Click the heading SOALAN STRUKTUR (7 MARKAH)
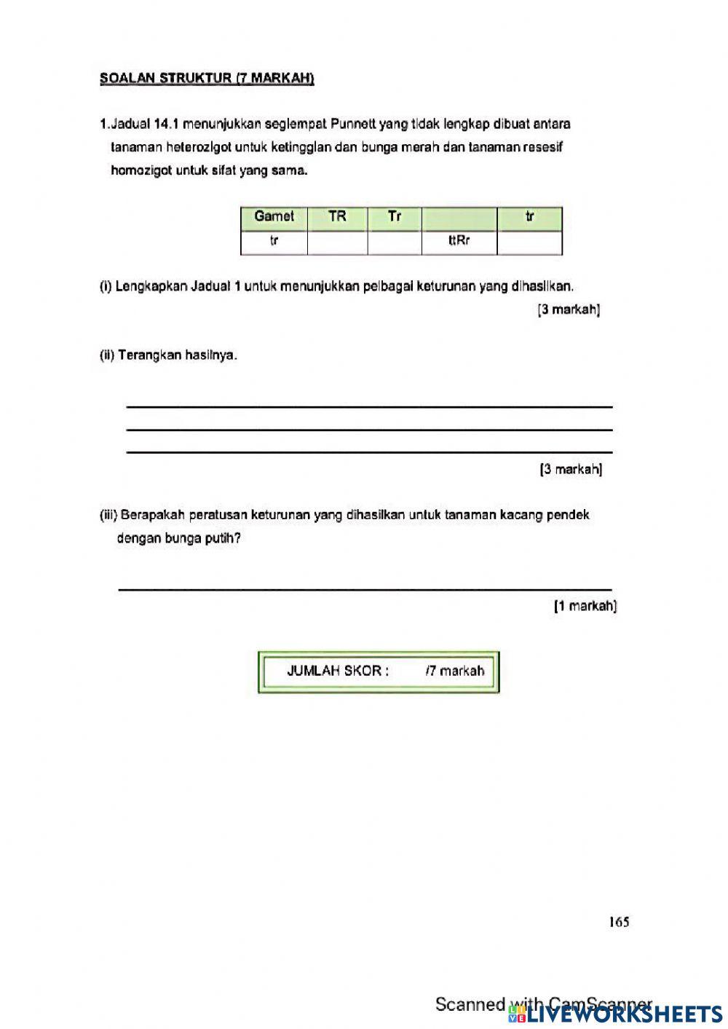(x=207, y=79)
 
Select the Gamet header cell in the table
(x=274, y=216)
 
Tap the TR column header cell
(x=337, y=216)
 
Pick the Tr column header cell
(x=395, y=216)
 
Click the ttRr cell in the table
(x=459, y=241)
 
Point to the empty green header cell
(x=459, y=217)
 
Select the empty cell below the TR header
(x=337, y=242)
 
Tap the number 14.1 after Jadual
(x=167, y=124)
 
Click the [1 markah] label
(x=585, y=605)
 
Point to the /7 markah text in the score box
(x=454, y=671)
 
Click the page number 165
(x=619, y=922)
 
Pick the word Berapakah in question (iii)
(x=152, y=515)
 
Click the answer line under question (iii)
(x=364, y=588)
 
